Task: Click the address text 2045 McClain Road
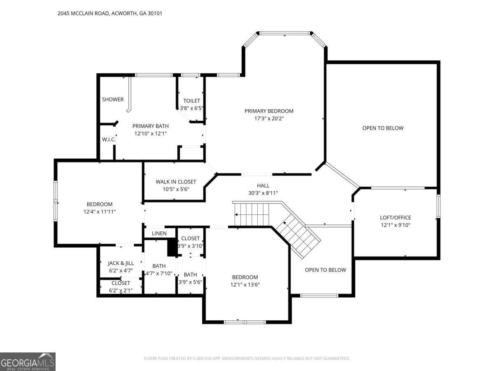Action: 83,13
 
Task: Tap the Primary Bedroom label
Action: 269,111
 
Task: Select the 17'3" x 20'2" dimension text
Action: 269,118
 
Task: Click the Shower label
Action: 113,99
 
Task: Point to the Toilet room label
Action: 191,101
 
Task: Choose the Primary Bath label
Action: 150,126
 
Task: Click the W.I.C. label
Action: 109,140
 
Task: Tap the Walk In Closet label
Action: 176,182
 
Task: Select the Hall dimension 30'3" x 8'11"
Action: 263,193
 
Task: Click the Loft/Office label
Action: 396,218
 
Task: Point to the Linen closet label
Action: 159,233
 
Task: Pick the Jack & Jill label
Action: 121,263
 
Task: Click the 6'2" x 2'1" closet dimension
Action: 121,291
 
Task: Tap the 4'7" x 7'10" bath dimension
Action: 159,273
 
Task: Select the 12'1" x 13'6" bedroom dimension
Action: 245,285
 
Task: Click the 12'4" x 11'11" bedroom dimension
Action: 100,212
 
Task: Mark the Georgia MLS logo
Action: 28,362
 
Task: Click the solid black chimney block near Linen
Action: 172,247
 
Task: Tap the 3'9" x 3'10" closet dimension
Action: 191,246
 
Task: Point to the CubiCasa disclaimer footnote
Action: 247,358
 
